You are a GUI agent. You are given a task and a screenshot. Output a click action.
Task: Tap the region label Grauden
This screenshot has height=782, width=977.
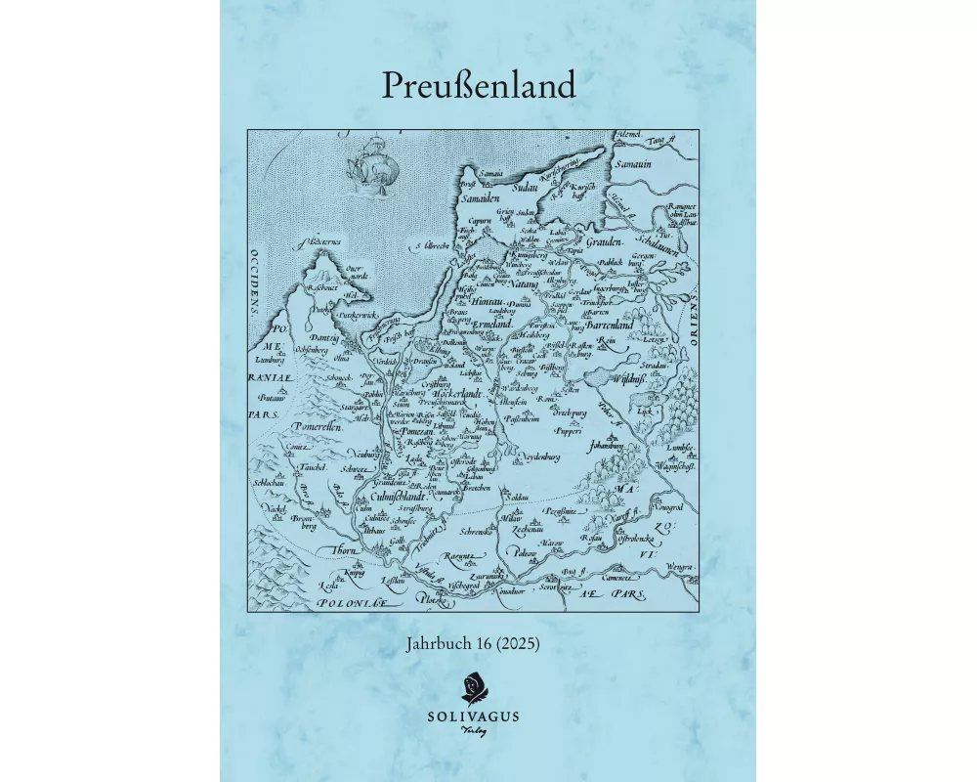(x=612, y=240)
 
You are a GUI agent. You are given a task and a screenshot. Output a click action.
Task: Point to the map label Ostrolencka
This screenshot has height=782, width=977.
(x=635, y=537)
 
